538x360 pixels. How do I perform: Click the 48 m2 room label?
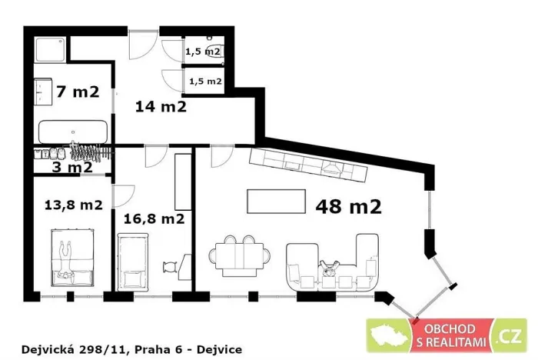pyautogui.click(x=348, y=205)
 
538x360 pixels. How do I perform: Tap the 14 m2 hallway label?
pyautogui.click(x=161, y=106)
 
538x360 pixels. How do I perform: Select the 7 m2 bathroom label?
pyautogui.click(x=77, y=92)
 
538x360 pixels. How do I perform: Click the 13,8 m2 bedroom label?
pyautogui.click(x=73, y=205)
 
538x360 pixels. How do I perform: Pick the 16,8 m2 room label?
pyautogui.click(x=158, y=218)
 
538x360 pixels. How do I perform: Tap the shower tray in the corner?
pyautogui.click(x=51, y=50)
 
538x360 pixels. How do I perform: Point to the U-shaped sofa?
pyautogui.click(x=334, y=265)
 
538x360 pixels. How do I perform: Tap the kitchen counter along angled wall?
pyautogui.click(x=307, y=162)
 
